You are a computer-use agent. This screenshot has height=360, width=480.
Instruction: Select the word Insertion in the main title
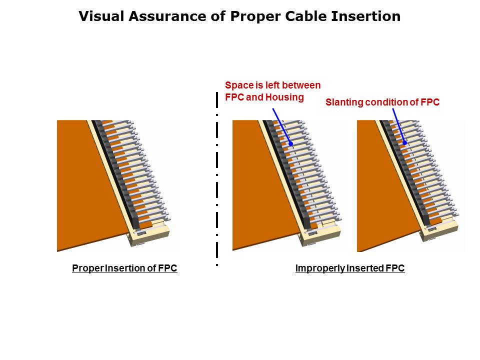[x=366, y=16]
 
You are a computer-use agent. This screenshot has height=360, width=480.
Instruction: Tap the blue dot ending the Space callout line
[x=291, y=143]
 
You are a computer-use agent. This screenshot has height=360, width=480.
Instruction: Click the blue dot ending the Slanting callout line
[x=404, y=142]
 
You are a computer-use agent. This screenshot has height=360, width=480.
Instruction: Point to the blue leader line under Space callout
[x=281, y=126]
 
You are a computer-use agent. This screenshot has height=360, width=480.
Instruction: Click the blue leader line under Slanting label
[x=398, y=125]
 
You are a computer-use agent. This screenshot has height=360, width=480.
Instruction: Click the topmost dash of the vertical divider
[x=217, y=100]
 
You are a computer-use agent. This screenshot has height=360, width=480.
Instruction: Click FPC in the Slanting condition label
[x=430, y=102]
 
